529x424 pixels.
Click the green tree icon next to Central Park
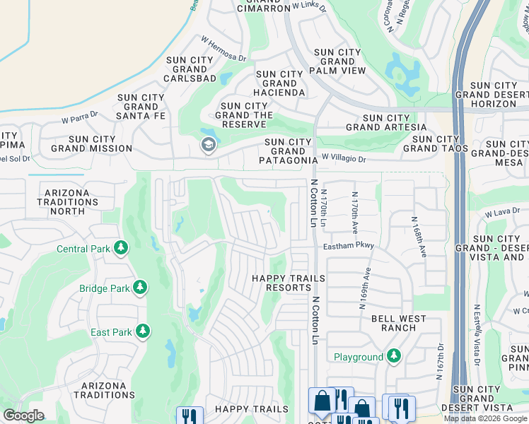[122, 248]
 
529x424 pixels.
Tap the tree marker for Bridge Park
[141, 288]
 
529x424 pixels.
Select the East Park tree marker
[143, 331]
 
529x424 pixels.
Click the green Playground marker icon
[394, 357]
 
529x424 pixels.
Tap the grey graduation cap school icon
[208, 146]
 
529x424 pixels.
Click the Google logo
[23, 416]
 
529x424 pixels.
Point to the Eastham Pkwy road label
[348, 246]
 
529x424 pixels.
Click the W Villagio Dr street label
[344, 159]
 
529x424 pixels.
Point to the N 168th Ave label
[417, 236]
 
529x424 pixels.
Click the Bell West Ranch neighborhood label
[399, 324]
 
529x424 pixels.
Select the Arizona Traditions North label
[67, 201]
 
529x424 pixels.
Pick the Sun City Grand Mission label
[91, 143]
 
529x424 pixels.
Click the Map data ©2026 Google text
[485, 418]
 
